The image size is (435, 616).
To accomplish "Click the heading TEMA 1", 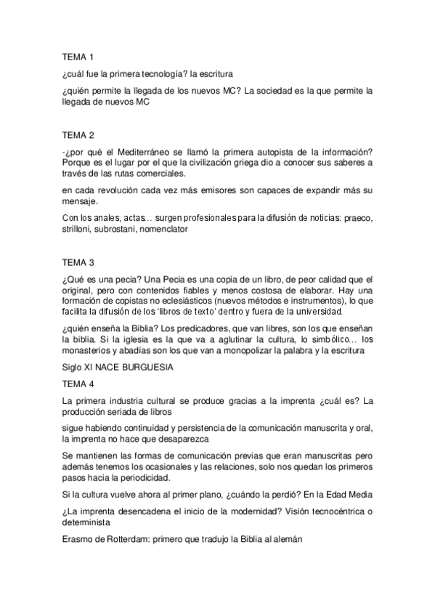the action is point(78,56).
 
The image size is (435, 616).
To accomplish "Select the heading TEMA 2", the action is point(78,134).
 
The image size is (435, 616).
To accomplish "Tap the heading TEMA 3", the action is point(78,262).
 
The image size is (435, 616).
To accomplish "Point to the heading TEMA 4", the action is point(78,384).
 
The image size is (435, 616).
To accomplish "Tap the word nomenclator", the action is point(158,228).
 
